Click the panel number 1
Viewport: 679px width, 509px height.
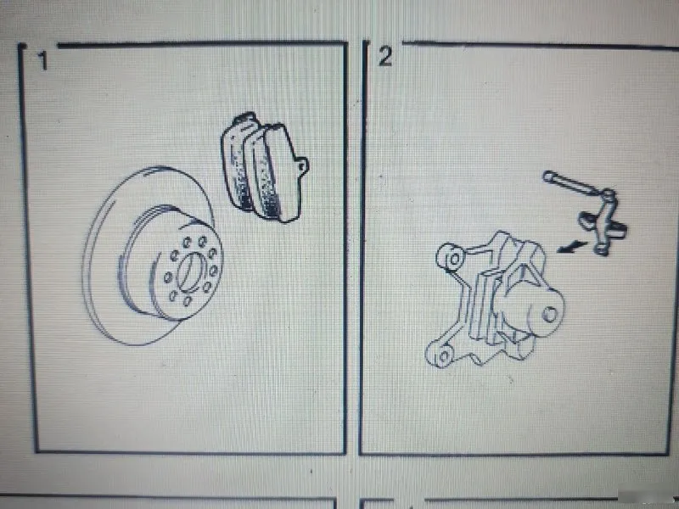(x=43, y=61)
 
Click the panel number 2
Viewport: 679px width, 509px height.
(x=385, y=56)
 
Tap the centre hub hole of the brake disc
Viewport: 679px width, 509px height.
(x=189, y=271)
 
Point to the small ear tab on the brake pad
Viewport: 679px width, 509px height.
(x=303, y=165)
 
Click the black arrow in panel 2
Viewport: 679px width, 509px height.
(x=571, y=247)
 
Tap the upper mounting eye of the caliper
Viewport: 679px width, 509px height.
(x=450, y=258)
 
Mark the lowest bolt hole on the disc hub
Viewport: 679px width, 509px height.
(x=187, y=301)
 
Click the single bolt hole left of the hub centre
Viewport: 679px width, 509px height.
(x=167, y=277)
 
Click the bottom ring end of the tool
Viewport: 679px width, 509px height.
(x=602, y=249)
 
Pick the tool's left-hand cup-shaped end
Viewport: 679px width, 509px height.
(x=586, y=219)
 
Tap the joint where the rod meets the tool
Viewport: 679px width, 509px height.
(x=608, y=196)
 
